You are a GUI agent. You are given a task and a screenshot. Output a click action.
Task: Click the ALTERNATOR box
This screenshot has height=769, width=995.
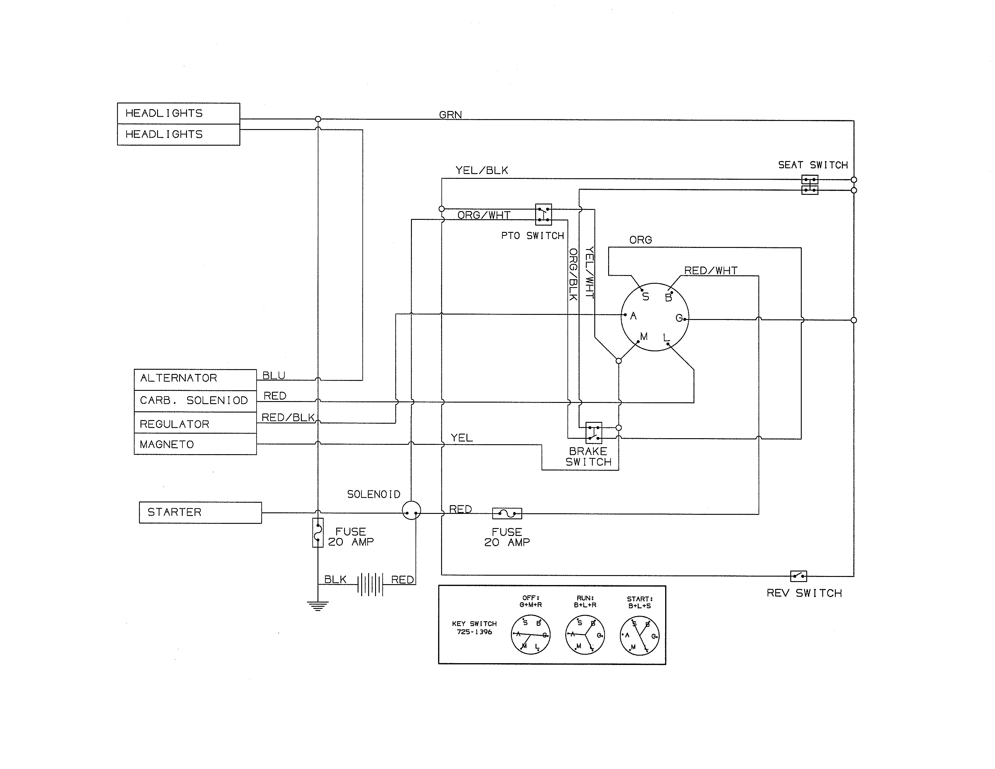click(195, 379)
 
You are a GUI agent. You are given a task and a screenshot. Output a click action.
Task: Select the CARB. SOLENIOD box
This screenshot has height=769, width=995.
click(195, 401)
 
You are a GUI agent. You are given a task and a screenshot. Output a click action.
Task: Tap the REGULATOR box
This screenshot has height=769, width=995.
click(195, 423)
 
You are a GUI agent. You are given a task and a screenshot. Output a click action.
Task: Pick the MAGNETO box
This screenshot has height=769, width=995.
click(195, 444)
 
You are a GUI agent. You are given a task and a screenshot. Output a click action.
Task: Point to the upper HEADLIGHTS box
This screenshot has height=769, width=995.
click(178, 113)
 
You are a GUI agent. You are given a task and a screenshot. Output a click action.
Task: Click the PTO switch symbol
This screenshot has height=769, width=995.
click(543, 215)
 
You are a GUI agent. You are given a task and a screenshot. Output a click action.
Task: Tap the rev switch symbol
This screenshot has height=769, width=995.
click(798, 576)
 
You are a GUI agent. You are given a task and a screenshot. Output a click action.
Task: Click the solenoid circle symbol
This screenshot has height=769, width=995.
click(411, 511)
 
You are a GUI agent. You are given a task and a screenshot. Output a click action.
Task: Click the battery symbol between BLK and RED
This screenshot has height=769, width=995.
click(370, 584)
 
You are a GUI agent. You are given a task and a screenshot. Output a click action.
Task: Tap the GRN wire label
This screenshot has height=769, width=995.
click(450, 115)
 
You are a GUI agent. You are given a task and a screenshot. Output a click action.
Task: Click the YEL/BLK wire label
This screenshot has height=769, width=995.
click(482, 170)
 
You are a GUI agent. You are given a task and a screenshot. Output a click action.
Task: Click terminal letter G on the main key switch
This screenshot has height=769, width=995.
click(679, 318)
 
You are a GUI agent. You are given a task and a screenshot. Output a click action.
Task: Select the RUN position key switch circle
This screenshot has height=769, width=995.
click(585, 635)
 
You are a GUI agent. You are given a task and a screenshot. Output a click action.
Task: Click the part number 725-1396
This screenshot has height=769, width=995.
click(474, 632)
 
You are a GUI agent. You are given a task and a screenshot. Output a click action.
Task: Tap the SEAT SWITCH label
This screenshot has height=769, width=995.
click(813, 165)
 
